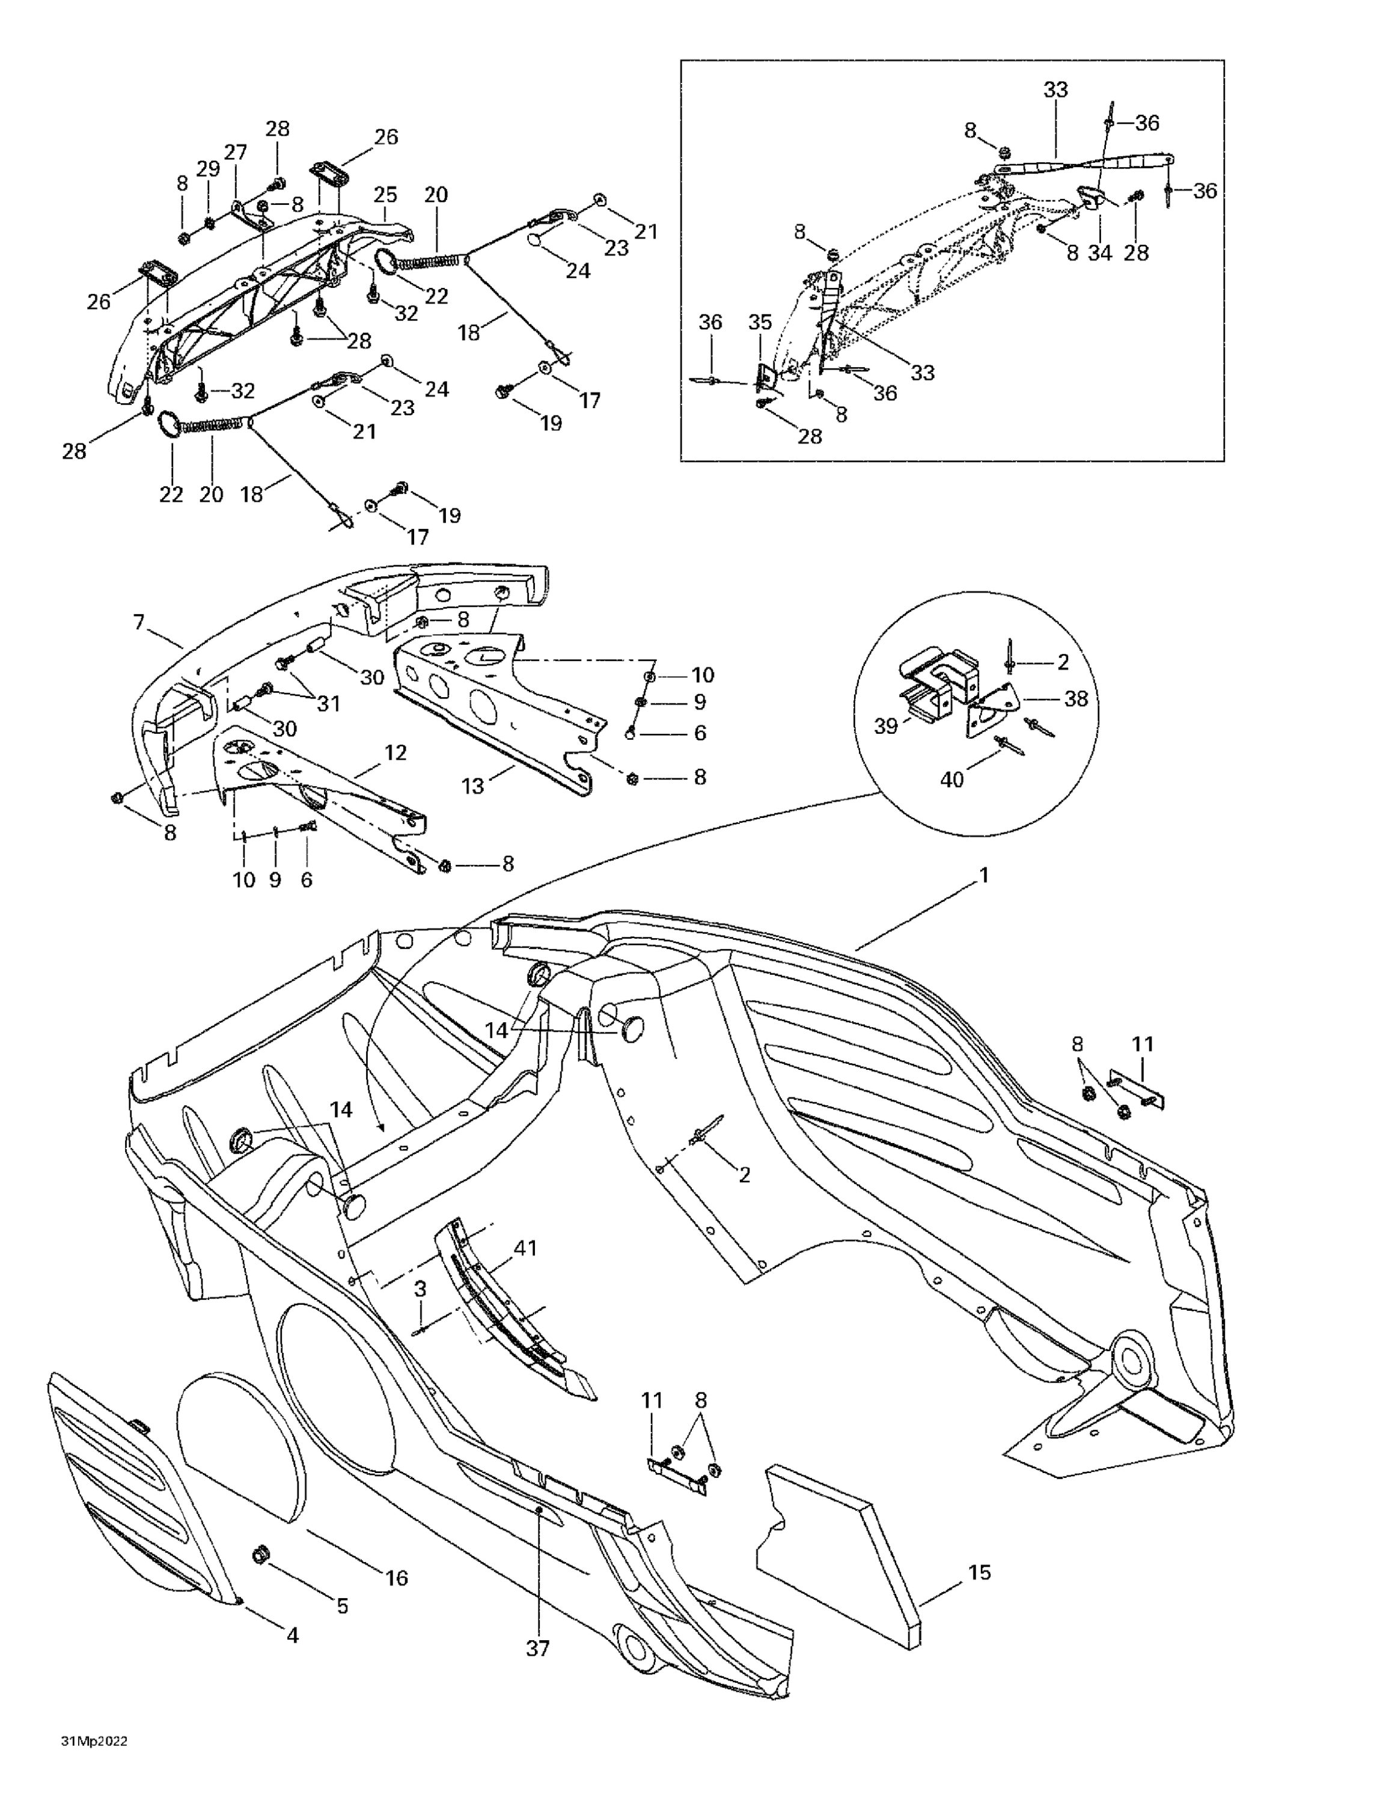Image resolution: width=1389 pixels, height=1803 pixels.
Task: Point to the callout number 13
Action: pyautogui.click(x=472, y=786)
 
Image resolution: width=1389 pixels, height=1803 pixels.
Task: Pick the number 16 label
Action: pyautogui.click(x=397, y=1578)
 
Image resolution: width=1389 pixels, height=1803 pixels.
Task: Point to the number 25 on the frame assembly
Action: pyautogui.click(x=385, y=195)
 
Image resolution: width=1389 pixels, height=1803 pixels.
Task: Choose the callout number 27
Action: pyautogui.click(x=236, y=153)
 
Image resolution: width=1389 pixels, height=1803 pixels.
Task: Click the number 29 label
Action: pyautogui.click(x=208, y=168)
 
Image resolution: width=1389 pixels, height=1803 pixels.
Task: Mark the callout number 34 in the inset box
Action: pyautogui.click(x=1099, y=252)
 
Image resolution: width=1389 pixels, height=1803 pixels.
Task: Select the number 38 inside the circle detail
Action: pyautogui.click(x=1076, y=698)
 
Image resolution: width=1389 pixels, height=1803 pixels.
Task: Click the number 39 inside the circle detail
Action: pyautogui.click(x=886, y=727)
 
